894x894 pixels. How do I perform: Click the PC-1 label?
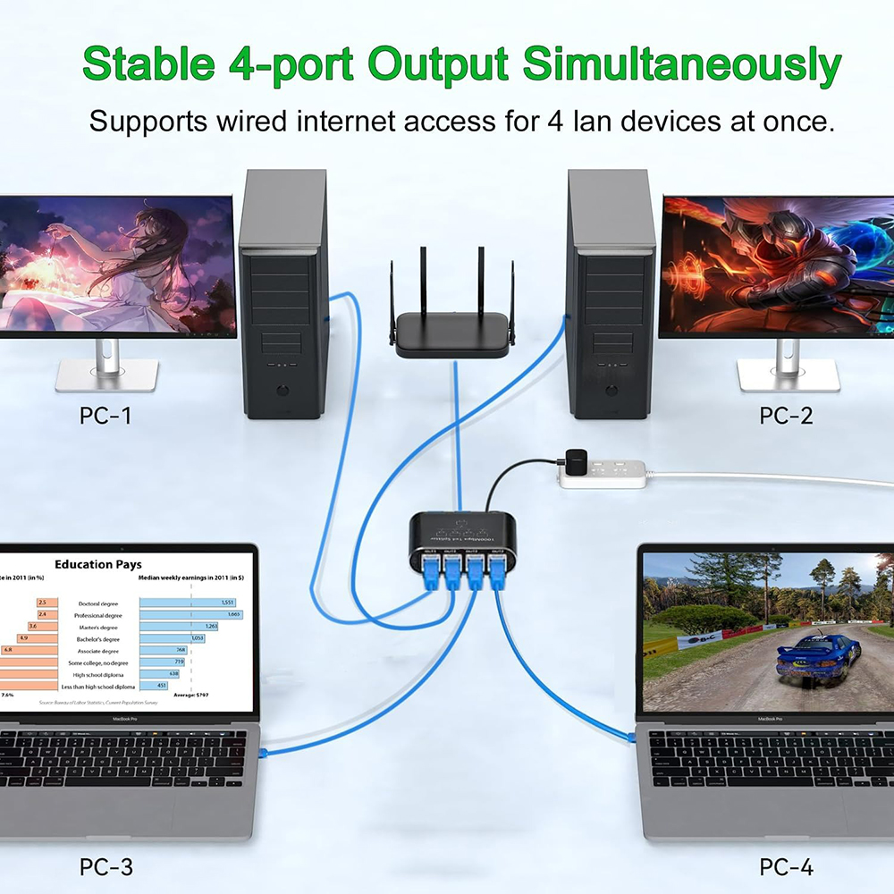coord(105,415)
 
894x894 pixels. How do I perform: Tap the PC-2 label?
coord(786,415)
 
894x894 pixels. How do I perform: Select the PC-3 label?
coord(106,865)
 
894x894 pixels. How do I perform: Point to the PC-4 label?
coord(786,865)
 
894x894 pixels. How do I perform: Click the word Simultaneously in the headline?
coord(681,64)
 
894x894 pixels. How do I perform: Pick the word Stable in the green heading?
coord(148,64)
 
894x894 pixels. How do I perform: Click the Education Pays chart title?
coord(98,564)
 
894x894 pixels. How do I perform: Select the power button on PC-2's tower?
coord(611,391)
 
